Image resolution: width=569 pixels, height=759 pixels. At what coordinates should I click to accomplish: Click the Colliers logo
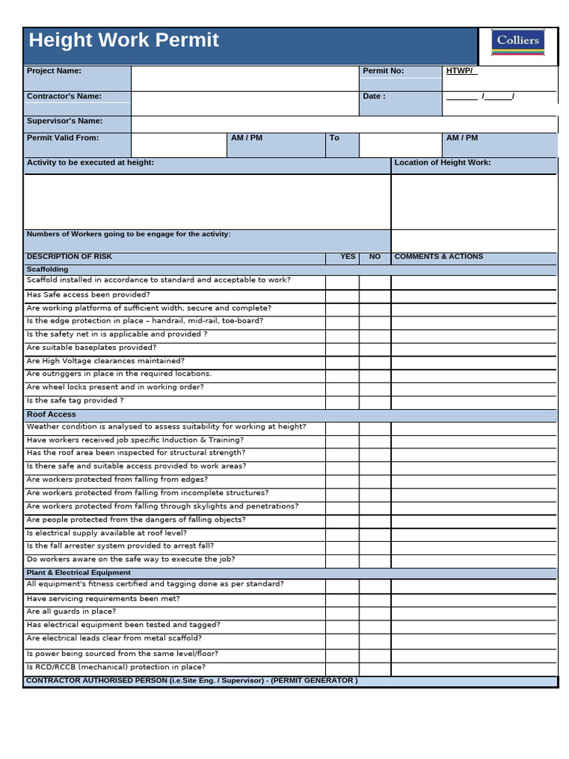(x=517, y=43)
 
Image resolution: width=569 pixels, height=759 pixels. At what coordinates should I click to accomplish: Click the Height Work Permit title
(x=124, y=40)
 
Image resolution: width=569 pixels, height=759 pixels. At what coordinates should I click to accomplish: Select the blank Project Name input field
(x=244, y=78)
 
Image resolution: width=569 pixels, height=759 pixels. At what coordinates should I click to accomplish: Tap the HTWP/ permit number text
(x=461, y=71)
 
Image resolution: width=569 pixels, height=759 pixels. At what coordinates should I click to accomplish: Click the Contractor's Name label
(x=64, y=96)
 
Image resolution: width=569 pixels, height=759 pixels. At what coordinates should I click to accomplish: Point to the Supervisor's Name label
(x=64, y=121)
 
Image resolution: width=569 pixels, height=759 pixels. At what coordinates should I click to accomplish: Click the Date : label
(x=374, y=96)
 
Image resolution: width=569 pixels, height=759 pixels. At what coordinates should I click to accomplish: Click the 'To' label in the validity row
(x=334, y=138)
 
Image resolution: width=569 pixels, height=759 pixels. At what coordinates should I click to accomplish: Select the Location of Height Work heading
(x=442, y=162)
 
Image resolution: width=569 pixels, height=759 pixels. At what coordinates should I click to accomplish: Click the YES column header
(x=347, y=256)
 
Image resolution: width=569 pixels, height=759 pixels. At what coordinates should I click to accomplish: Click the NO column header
(x=375, y=256)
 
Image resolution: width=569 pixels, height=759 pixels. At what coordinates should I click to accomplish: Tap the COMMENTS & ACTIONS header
(x=439, y=256)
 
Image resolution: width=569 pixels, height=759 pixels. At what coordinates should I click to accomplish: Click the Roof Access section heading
(x=51, y=414)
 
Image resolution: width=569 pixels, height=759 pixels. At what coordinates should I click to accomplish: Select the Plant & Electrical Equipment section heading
(x=79, y=572)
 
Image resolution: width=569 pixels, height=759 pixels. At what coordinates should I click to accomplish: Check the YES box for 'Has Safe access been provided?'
(x=342, y=296)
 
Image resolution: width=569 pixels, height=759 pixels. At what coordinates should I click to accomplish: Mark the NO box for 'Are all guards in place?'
(x=375, y=613)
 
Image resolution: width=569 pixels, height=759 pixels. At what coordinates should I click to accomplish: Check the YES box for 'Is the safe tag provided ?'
(x=342, y=402)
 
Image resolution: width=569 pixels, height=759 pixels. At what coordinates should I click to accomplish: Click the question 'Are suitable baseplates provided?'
(x=91, y=347)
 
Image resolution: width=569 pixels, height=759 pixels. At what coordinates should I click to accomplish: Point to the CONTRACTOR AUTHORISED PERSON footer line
(x=192, y=680)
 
